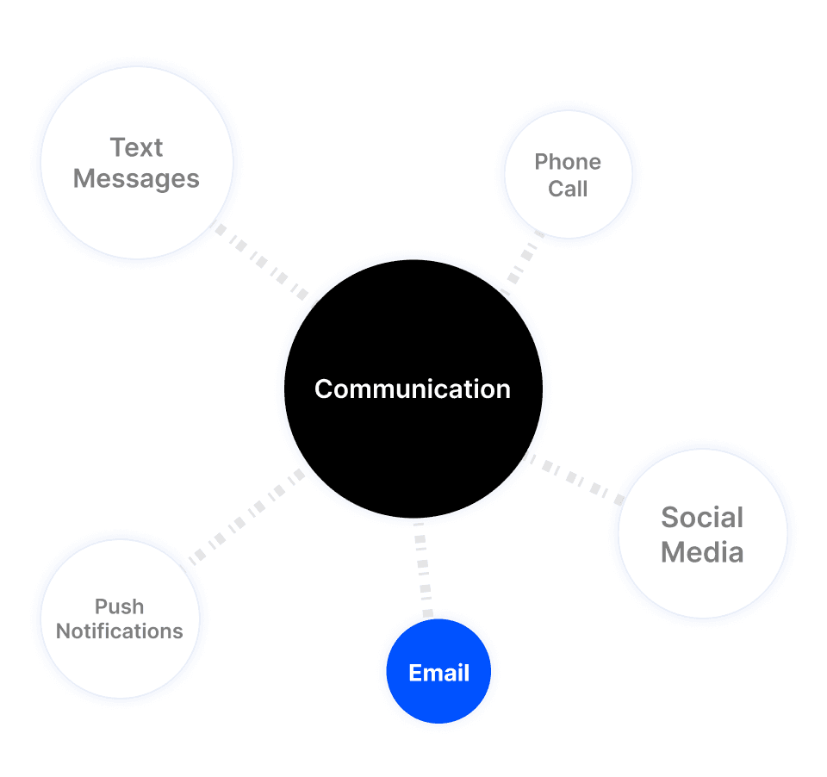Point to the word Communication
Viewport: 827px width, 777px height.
tap(413, 389)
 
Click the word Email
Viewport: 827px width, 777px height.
tap(439, 674)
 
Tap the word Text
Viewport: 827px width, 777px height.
tap(137, 148)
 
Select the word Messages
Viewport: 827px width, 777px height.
tap(137, 179)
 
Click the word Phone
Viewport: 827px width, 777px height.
tap(568, 162)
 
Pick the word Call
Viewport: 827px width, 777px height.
tap(568, 190)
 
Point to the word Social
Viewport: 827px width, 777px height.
tap(702, 518)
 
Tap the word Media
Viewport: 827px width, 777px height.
tap(702, 551)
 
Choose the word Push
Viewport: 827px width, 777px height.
tap(120, 607)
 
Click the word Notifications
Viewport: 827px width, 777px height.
tap(120, 631)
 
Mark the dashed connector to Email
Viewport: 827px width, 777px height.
tap(423, 569)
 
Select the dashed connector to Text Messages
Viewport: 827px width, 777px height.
tap(260, 261)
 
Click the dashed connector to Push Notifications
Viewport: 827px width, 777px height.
tap(246, 516)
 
